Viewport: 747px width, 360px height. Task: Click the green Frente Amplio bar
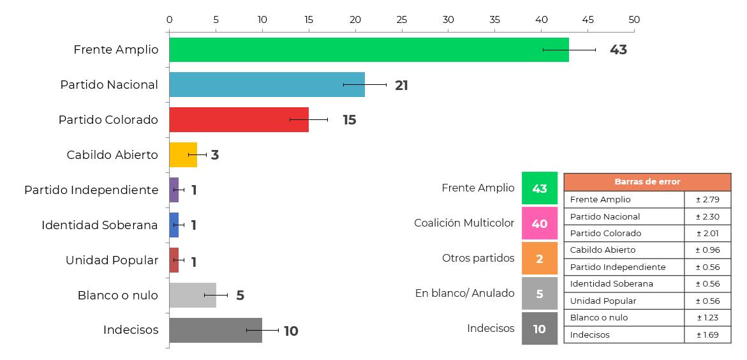[x=369, y=50]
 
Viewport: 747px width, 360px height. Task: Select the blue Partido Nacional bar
[x=267, y=85]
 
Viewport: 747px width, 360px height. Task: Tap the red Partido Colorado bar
[x=239, y=120]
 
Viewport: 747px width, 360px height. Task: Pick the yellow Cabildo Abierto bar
[x=183, y=155]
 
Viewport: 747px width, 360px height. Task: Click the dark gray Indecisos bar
[x=216, y=331]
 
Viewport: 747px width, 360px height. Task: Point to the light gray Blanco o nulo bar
[x=193, y=296]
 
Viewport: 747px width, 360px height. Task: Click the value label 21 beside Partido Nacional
[x=401, y=86]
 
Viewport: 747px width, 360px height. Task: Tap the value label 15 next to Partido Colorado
[x=349, y=120]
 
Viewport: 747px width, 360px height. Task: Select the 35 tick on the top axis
[x=495, y=20]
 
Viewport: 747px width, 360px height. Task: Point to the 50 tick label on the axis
[x=634, y=20]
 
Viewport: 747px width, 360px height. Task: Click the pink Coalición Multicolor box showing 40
[x=540, y=223]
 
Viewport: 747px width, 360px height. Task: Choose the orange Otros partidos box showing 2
[x=540, y=259]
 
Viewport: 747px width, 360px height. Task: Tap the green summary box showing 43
[x=540, y=188]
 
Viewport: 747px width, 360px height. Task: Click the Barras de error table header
[x=647, y=182]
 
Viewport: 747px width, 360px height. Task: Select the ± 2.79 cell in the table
[x=707, y=200]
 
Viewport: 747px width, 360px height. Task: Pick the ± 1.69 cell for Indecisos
[x=707, y=334]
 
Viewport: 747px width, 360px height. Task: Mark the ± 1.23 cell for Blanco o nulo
[x=707, y=318]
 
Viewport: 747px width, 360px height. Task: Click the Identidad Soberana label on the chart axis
[x=100, y=225]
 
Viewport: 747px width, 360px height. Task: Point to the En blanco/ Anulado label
[x=464, y=294]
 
